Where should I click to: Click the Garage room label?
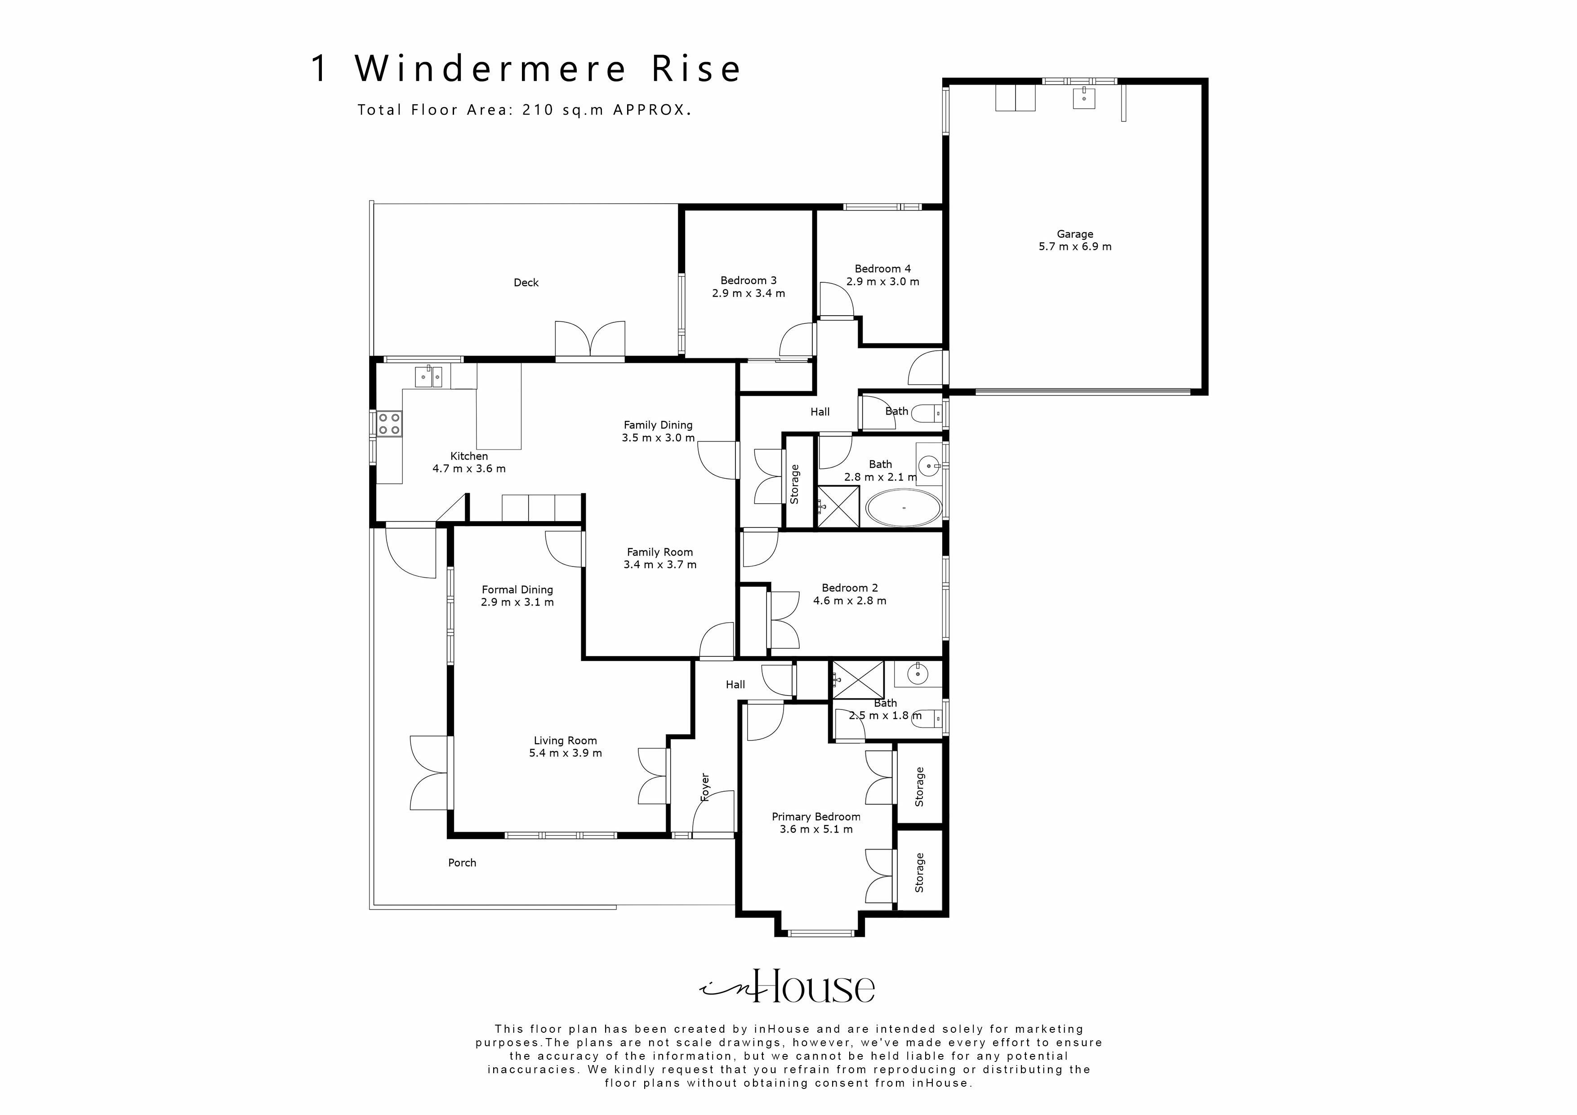tap(1074, 234)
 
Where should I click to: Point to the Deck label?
tap(526, 282)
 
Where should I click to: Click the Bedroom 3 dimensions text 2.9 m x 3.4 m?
tap(748, 293)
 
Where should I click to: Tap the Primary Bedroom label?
tap(815, 817)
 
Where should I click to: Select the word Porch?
tap(462, 863)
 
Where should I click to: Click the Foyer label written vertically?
tap(705, 787)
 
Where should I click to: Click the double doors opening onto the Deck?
tap(590, 340)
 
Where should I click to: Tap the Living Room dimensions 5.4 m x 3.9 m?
tap(565, 753)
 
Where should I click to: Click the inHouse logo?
tap(787, 987)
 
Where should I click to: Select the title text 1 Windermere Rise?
tap(526, 69)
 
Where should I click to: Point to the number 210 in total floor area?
tap(538, 110)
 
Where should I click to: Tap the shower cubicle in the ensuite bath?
tap(858, 679)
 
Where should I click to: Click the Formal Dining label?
tap(517, 589)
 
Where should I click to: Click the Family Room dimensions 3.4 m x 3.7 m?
tap(659, 565)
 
